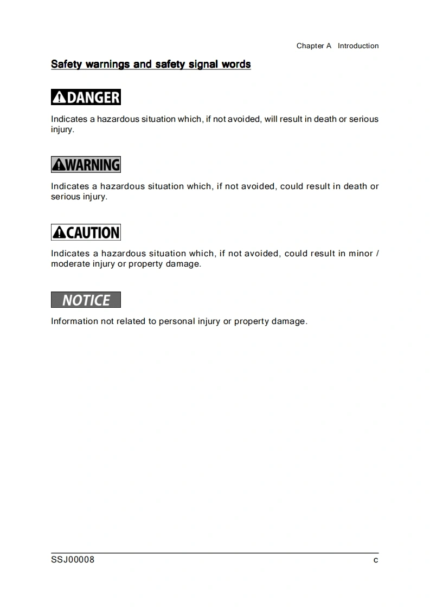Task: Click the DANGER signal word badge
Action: (x=86, y=98)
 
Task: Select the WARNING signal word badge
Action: (x=86, y=165)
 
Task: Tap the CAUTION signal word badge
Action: (x=86, y=232)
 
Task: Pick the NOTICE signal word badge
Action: (x=86, y=300)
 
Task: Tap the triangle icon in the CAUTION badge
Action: (x=59, y=233)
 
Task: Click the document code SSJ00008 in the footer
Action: (x=73, y=560)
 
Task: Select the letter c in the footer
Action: (x=376, y=560)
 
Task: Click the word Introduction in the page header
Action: (x=358, y=46)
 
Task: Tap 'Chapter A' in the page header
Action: (x=313, y=46)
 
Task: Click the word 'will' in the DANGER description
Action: (x=270, y=119)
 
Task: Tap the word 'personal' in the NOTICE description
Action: (x=176, y=321)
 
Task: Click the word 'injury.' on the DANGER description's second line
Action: (x=62, y=130)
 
